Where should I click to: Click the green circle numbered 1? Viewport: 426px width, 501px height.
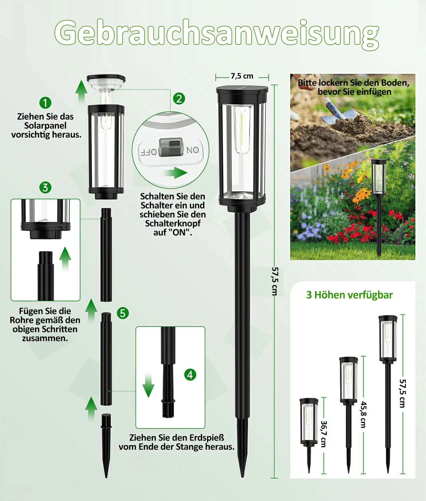[45, 103]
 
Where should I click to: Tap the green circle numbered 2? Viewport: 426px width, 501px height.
[179, 99]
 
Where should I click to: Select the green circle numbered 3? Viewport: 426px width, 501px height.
[45, 187]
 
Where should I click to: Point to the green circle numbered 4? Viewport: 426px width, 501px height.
[190, 375]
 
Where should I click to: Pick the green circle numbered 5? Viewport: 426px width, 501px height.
[123, 313]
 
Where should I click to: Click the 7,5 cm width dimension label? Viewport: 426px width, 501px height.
[242, 76]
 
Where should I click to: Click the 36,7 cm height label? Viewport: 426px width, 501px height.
[323, 434]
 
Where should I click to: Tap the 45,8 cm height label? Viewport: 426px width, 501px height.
[363, 415]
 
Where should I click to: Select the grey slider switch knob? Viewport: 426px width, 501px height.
[171, 147]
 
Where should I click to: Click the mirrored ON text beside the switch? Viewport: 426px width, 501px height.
[193, 150]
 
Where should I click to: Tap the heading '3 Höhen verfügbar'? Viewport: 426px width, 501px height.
[349, 295]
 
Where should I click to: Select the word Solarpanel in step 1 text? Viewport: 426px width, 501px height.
[45, 126]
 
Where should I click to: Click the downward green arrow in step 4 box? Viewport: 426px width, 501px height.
[148, 386]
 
